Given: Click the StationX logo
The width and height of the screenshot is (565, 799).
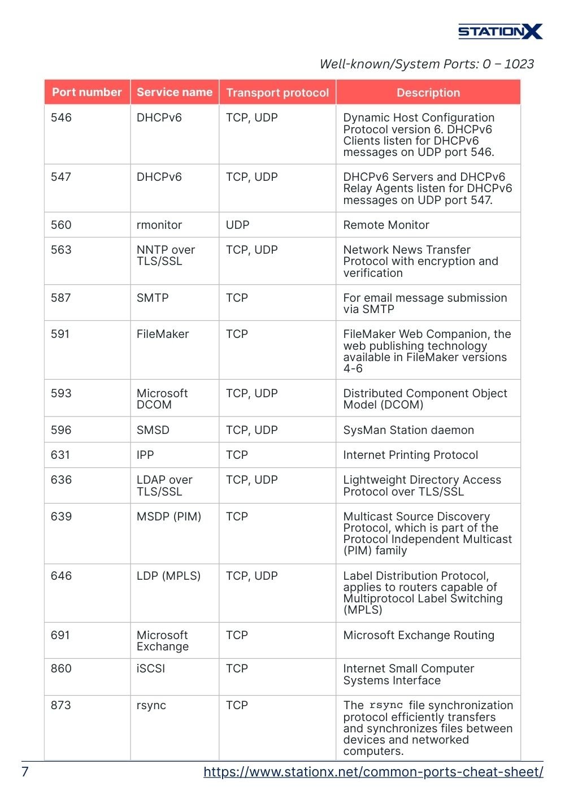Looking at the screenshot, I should pyautogui.click(x=500, y=32).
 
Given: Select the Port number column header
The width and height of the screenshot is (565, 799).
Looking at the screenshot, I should pyautogui.click(x=87, y=92).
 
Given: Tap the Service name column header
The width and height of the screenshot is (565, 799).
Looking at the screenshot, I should pyautogui.click(x=175, y=92).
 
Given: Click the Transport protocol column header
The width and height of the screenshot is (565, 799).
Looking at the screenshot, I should pyautogui.click(x=277, y=93).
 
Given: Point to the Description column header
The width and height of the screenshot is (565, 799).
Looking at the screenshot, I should pyautogui.click(x=428, y=93).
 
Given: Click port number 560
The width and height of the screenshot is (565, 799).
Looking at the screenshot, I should pyautogui.click(x=61, y=225).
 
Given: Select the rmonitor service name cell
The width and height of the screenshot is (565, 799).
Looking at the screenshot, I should pyautogui.click(x=159, y=225).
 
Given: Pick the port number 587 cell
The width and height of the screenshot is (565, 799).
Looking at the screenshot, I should pyautogui.click(x=61, y=298).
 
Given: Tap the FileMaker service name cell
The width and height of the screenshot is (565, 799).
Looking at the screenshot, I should pyautogui.click(x=163, y=334).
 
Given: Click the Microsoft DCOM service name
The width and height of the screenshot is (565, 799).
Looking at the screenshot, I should pyautogui.click(x=162, y=399).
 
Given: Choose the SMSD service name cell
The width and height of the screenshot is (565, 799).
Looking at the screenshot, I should pyautogui.click(x=153, y=430).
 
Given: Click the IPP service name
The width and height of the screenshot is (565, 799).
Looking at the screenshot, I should pyautogui.click(x=145, y=455).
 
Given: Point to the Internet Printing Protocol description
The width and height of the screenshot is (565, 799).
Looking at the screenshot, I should pyautogui.click(x=411, y=455).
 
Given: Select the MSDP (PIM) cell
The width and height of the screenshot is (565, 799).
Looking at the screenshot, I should pyautogui.click(x=169, y=516).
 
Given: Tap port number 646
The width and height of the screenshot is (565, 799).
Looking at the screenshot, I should pyautogui.click(x=61, y=576).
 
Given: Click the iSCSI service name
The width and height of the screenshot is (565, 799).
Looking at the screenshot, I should pyautogui.click(x=151, y=668).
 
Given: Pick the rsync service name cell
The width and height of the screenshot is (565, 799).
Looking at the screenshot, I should pyautogui.click(x=151, y=705).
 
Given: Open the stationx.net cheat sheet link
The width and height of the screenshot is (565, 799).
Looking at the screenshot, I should pyautogui.click(x=373, y=772).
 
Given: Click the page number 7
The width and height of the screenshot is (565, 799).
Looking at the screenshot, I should pyautogui.click(x=25, y=772).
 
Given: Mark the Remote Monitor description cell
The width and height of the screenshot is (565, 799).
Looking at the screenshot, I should pyautogui.click(x=386, y=225).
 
